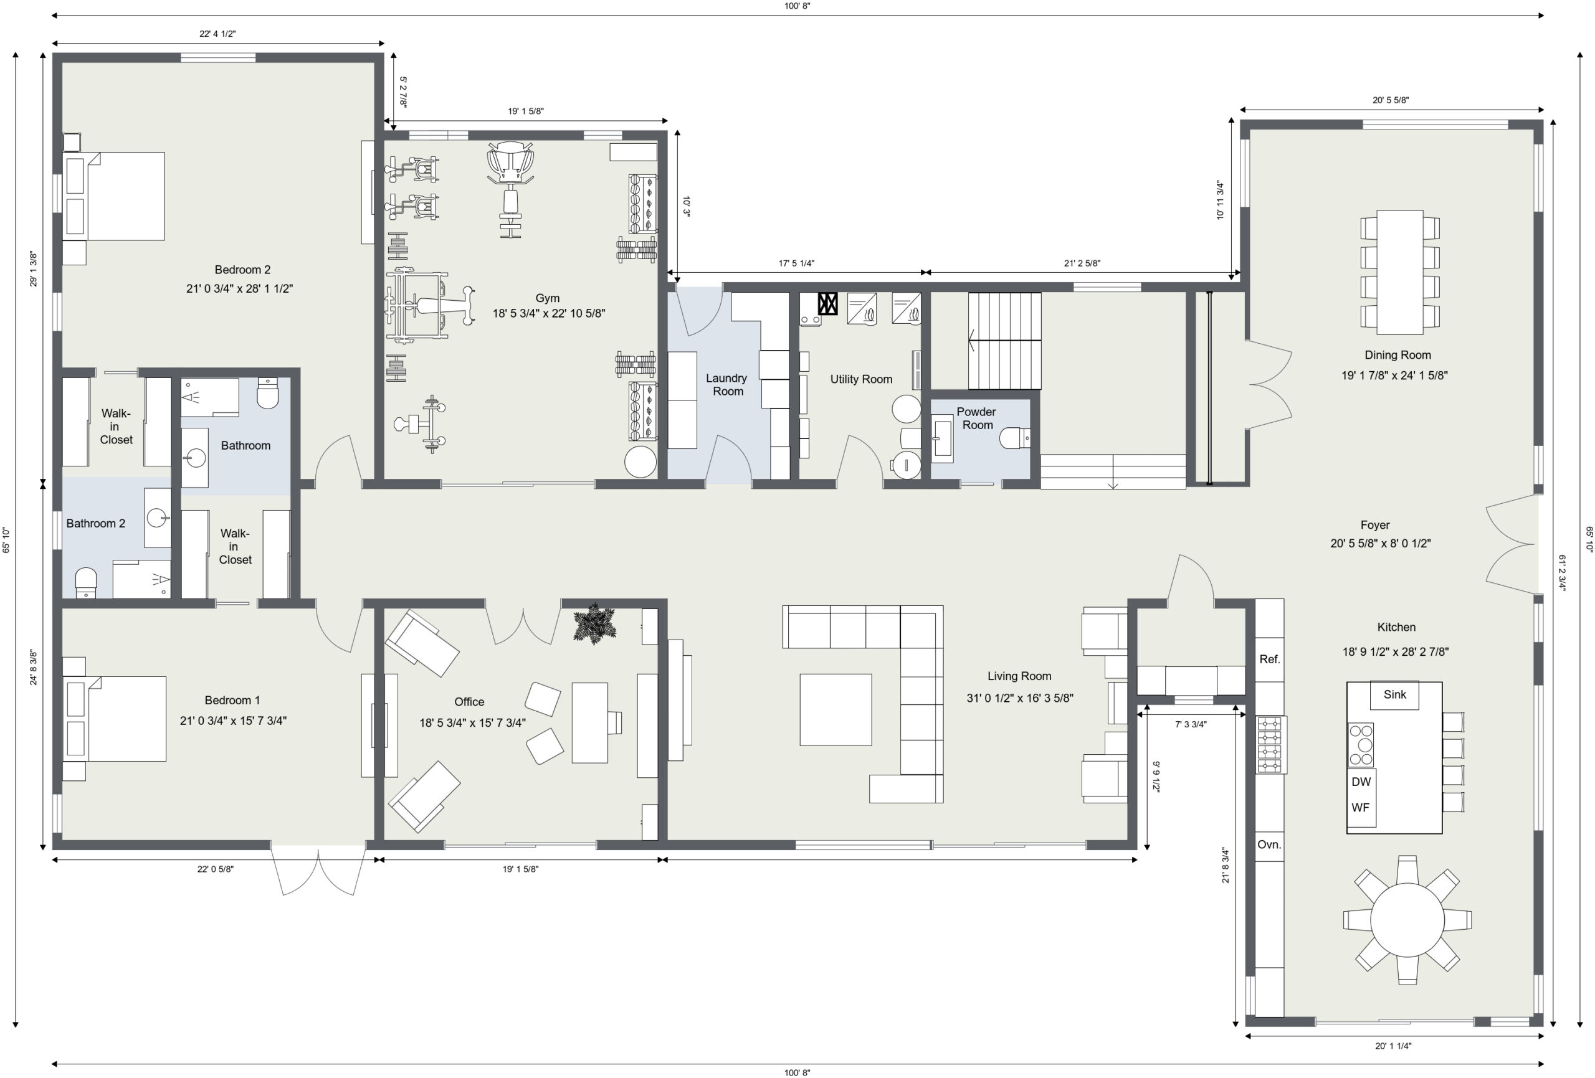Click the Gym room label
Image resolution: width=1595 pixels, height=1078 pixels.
click(x=547, y=298)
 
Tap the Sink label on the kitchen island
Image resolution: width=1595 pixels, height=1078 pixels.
click(x=1394, y=694)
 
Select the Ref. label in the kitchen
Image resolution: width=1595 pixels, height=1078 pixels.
click(x=1269, y=660)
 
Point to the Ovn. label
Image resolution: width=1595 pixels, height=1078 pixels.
click(x=1269, y=844)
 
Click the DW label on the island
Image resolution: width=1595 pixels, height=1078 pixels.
click(x=1361, y=782)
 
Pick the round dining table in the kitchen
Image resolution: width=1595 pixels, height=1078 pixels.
click(x=1407, y=919)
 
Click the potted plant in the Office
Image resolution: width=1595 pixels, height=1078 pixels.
click(x=594, y=625)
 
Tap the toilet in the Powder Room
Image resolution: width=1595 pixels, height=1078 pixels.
click(x=1015, y=437)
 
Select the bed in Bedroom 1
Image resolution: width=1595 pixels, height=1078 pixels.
click(x=115, y=719)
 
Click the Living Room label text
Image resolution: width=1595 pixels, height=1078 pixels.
click(x=1019, y=676)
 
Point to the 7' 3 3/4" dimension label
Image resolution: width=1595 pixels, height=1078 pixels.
click(x=1190, y=724)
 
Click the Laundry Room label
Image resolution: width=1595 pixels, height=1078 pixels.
click(x=727, y=384)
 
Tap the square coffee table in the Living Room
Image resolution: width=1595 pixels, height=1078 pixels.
click(x=836, y=709)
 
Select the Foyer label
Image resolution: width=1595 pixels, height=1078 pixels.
click(x=1374, y=525)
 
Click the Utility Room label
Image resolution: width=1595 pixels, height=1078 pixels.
click(x=861, y=379)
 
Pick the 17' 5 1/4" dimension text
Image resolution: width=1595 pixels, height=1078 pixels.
click(x=796, y=263)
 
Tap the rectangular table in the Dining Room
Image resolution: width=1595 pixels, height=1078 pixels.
click(x=1399, y=272)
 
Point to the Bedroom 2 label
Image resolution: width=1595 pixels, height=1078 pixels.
click(x=242, y=270)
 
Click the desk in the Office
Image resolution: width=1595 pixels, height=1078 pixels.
click(x=589, y=722)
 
